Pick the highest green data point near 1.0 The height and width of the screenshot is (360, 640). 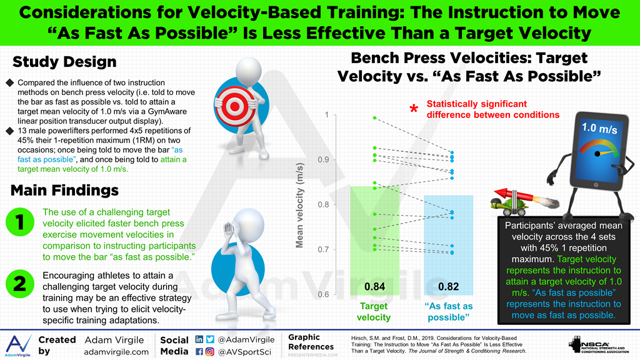374,118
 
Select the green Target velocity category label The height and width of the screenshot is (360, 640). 374,312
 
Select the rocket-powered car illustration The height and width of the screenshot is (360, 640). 514,199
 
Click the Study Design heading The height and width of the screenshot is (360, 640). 64,62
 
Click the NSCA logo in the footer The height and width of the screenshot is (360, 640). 601,346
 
